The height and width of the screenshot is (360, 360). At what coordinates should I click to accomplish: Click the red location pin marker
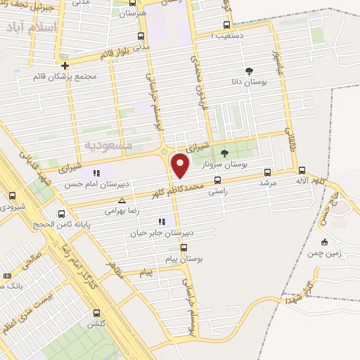180,166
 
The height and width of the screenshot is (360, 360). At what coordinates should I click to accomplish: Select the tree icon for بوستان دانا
249,70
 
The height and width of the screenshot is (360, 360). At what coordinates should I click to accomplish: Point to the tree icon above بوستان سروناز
224,153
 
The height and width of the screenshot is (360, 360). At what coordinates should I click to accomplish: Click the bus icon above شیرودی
12,196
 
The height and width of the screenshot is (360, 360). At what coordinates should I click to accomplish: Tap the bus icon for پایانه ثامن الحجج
61,214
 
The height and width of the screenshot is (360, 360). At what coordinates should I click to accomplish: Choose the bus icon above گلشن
96,313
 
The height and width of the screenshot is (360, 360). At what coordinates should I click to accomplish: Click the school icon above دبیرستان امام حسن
96,173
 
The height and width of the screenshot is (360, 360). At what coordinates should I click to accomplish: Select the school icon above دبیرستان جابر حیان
162,221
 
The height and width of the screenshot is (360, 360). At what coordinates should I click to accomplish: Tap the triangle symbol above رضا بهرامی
122,200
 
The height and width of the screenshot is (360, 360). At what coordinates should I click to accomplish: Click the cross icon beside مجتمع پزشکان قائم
65,65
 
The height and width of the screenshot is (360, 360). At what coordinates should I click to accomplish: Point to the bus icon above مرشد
267,172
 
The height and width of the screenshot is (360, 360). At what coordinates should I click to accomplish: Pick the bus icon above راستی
217,179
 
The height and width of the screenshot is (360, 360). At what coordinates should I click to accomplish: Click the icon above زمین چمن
323,242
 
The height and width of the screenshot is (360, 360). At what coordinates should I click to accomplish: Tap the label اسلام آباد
31,28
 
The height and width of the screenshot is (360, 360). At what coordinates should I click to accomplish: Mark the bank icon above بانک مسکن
8,276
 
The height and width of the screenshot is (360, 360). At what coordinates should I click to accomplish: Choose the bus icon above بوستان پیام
184,247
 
